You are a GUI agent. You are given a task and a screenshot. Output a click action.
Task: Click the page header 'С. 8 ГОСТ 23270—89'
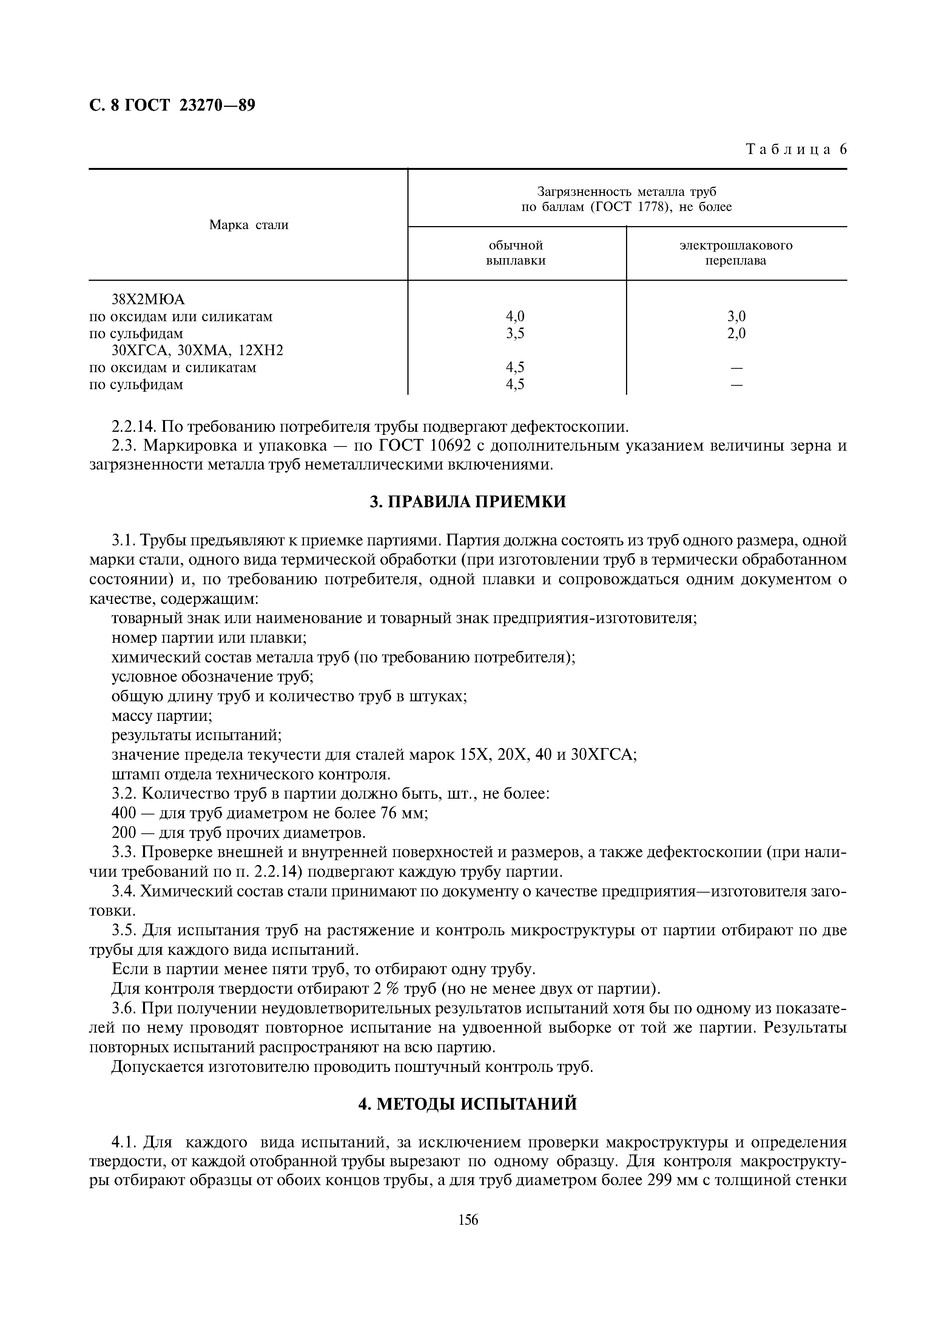point(172,106)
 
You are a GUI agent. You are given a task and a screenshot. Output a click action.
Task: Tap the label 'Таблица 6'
point(796,150)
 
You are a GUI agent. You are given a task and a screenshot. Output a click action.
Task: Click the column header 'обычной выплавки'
point(516,253)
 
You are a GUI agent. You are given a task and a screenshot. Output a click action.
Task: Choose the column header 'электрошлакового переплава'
point(736,253)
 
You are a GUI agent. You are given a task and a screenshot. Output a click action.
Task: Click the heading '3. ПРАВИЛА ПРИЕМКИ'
point(468,502)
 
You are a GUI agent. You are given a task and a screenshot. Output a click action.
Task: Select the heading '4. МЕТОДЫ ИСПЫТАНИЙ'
point(468,1104)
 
